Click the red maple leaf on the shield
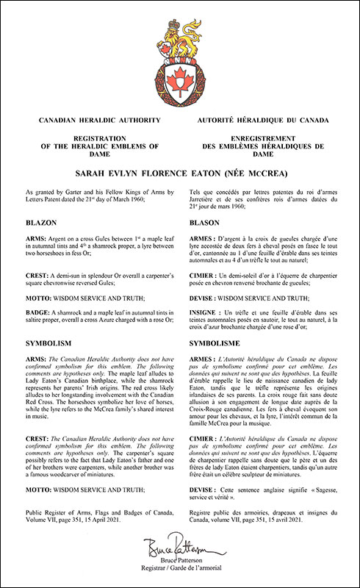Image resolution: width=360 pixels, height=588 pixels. click(180, 76)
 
